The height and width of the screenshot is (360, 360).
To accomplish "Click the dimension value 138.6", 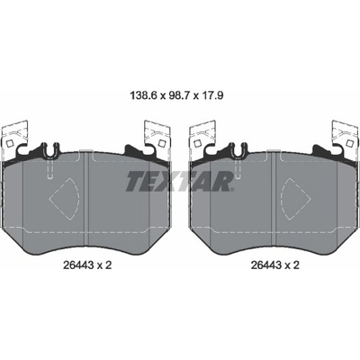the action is [144, 96].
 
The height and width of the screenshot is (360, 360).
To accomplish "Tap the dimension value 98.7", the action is [180, 96].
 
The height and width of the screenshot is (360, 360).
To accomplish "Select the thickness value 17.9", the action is [212, 96].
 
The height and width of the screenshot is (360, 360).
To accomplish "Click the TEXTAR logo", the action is [179, 182].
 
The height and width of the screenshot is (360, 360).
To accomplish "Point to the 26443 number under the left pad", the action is [77, 265].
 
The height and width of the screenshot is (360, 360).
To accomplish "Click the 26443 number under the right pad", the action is [265, 265].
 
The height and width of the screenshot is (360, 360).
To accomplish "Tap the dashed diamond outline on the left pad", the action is [64, 198].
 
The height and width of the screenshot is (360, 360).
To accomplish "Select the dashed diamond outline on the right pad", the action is [295, 198].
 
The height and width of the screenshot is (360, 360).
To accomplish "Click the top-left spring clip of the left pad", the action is [14, 135].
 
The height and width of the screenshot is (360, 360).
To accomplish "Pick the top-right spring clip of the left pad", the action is [157, 135].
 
